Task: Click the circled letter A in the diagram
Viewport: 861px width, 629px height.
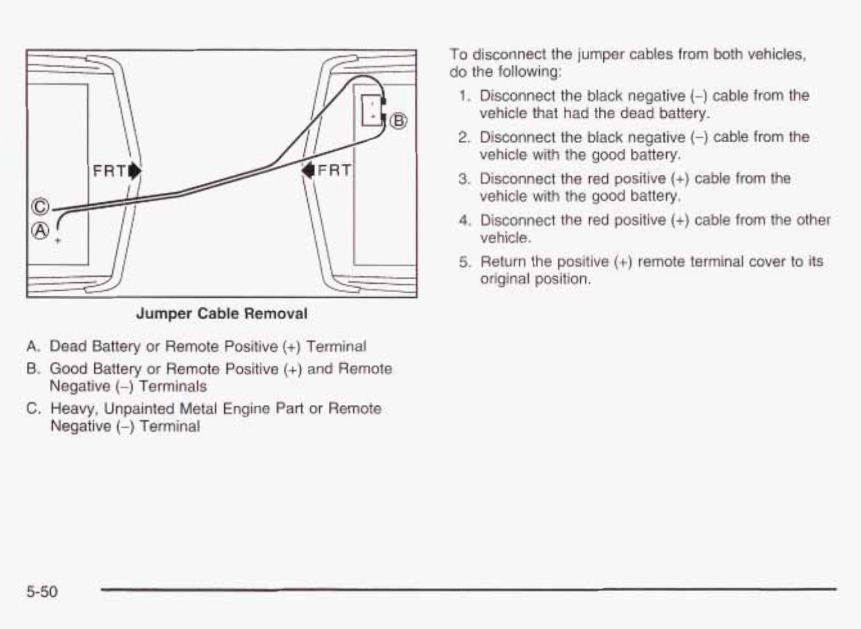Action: point(40,231)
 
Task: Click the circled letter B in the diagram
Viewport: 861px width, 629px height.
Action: point(398,120)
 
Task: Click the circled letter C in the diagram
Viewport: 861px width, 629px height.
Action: point(40,207)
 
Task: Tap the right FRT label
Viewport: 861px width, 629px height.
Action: point(334,170)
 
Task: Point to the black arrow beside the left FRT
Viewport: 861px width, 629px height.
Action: point(135,171)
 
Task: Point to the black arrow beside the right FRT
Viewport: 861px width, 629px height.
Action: point(308,170)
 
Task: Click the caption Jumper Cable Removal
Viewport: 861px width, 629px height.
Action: point(222,314)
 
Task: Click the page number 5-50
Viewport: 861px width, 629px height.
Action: point(42,591)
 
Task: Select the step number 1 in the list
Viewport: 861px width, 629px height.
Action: point(465,96)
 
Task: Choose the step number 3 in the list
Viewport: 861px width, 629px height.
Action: point(465,179)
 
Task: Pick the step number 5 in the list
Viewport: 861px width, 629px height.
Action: point(465,262)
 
